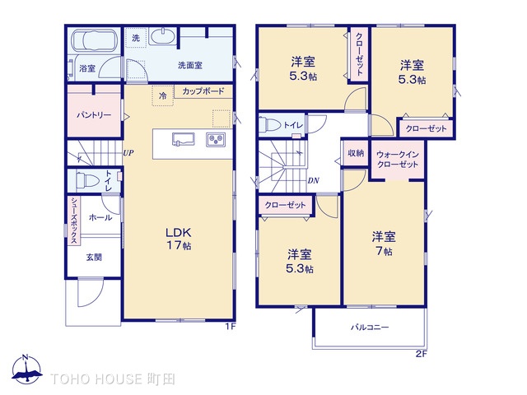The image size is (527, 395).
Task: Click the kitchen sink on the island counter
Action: click(182, 138)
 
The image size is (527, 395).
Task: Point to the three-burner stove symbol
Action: click(216, 138)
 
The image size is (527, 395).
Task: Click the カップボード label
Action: click(202, 91)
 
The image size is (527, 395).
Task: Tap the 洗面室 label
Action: click(190, 64)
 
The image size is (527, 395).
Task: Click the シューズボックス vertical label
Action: click(73, 221)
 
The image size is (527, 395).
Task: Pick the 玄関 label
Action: click(94, 257)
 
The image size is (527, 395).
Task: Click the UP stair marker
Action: click(128, 152)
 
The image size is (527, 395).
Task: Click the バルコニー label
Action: click(370, 327)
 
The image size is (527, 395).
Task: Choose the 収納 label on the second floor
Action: click(356, 153)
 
